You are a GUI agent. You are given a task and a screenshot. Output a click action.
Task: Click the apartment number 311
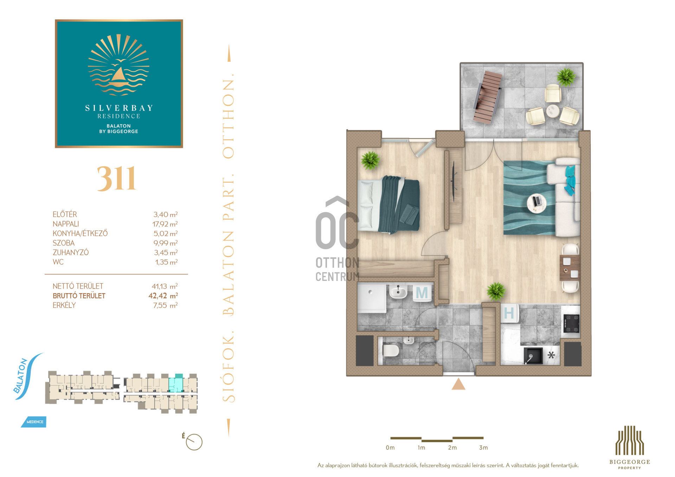coord(116,179)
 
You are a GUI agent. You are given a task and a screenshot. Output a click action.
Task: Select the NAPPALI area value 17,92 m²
coord(165,224)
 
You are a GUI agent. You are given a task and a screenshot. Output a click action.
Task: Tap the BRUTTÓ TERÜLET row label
coord(79,296)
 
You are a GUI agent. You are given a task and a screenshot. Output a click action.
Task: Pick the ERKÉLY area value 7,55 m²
coord(165,305)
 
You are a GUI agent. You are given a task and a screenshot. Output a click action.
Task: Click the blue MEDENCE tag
coord(34,422)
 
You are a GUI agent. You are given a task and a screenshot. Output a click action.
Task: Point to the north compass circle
coord(194,442)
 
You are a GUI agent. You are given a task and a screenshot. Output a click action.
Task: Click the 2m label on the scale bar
coord(452,448)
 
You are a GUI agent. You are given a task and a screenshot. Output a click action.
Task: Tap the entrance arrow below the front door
coord(458,384)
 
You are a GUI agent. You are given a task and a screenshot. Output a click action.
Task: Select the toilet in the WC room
coord(390,350)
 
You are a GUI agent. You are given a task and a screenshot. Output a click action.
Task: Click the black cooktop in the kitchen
coord(571,323)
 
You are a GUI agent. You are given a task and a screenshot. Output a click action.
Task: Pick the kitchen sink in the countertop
coord(533,356)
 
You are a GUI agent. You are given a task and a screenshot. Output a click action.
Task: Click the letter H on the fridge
coord(509,313)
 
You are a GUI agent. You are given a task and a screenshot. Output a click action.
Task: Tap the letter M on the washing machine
coord(422,292)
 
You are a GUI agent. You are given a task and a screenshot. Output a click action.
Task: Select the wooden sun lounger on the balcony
coord(487,97)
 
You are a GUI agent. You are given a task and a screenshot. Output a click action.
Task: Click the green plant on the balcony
coord(566,77)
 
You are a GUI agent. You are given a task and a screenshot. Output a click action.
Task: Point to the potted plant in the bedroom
coord(370,160)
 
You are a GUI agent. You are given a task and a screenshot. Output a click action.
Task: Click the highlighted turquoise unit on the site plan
coord(176,383)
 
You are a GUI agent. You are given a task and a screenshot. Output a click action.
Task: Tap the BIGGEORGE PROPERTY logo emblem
coord(630,440)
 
